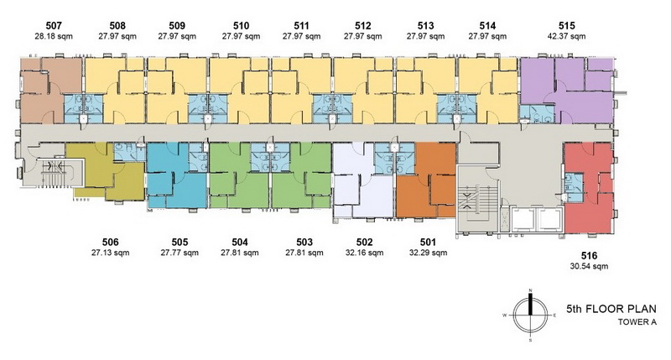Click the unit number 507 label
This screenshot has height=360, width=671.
54,26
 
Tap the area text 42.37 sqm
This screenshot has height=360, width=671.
567,36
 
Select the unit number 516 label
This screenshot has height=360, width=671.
589,256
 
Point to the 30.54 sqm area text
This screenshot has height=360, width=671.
589,266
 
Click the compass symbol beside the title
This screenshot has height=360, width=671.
530,316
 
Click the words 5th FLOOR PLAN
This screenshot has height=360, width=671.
611,309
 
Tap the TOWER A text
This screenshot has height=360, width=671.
637,322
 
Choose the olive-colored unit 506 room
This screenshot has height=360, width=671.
105,171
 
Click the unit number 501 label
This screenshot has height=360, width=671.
428,243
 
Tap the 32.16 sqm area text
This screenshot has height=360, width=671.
364,253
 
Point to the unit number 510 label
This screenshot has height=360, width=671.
241,26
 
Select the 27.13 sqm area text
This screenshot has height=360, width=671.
110,253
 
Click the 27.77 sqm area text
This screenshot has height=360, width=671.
179,253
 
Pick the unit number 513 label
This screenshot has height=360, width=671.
425,26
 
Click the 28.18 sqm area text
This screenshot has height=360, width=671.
54,36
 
